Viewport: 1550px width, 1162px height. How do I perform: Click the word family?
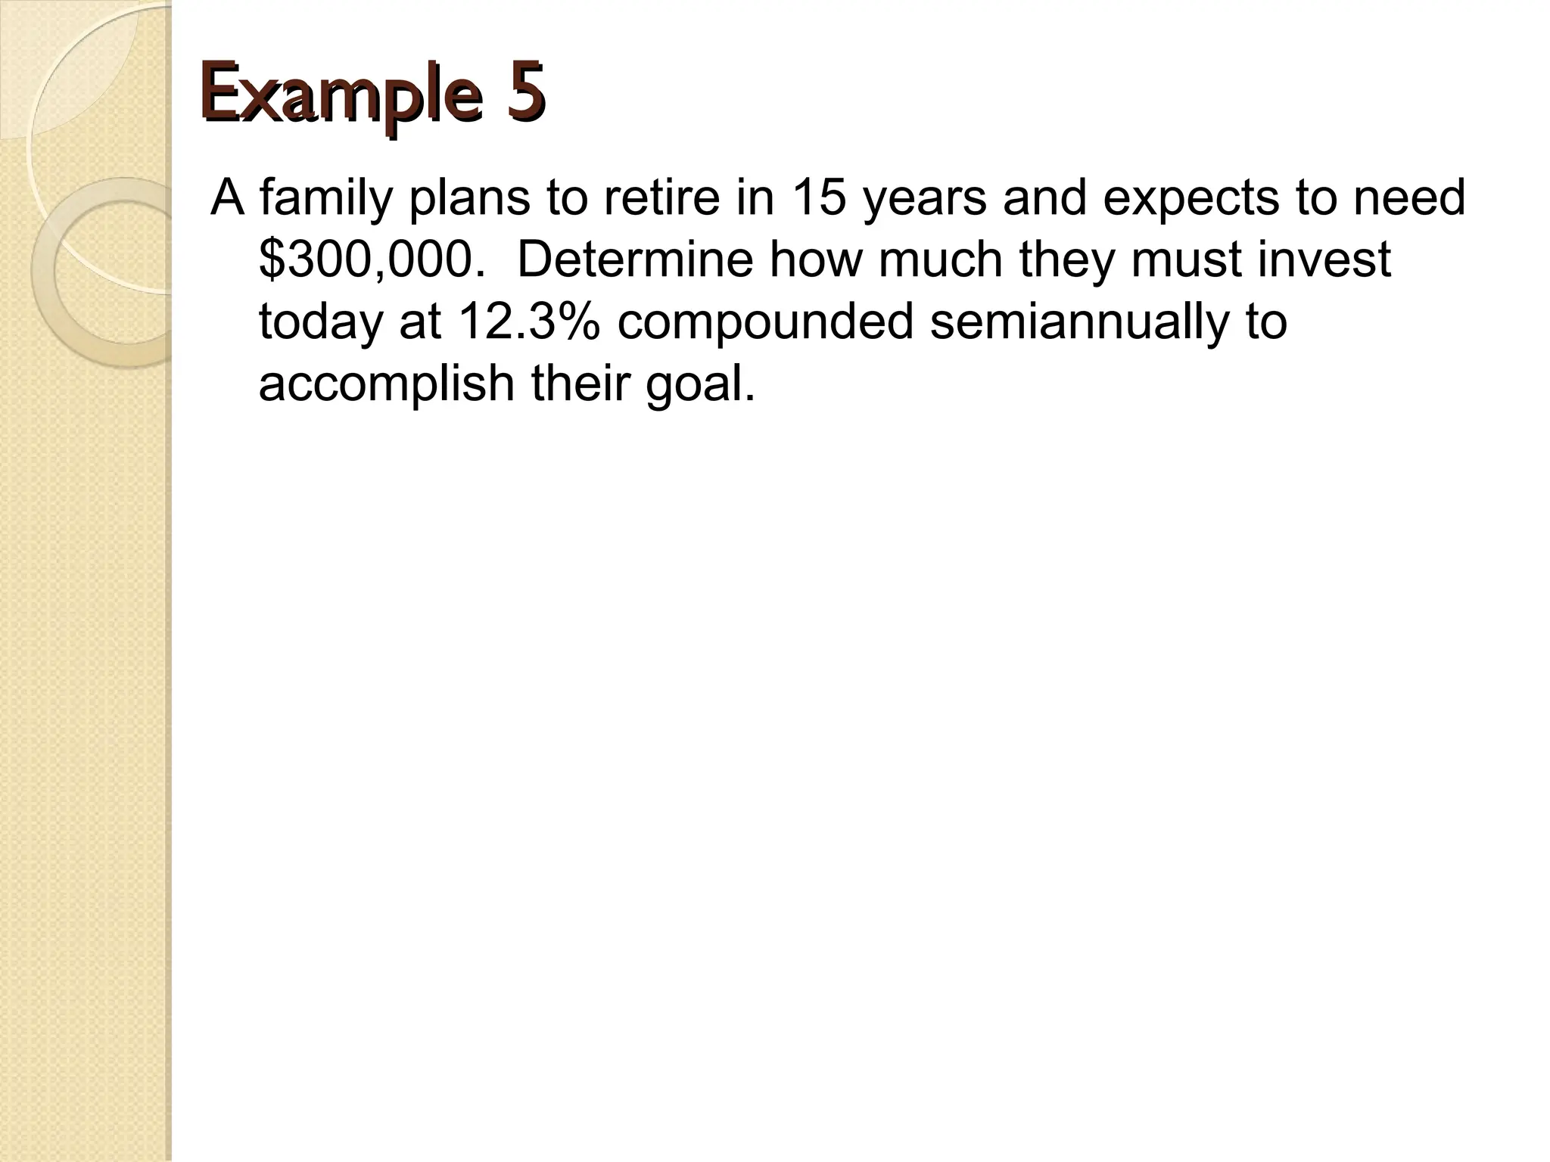tap(326, 198)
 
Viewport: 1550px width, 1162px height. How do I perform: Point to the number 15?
tap(820, 198)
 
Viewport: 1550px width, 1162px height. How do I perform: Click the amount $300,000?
tap(372, 260)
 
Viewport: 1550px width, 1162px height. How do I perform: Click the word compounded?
tap(765, 322)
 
